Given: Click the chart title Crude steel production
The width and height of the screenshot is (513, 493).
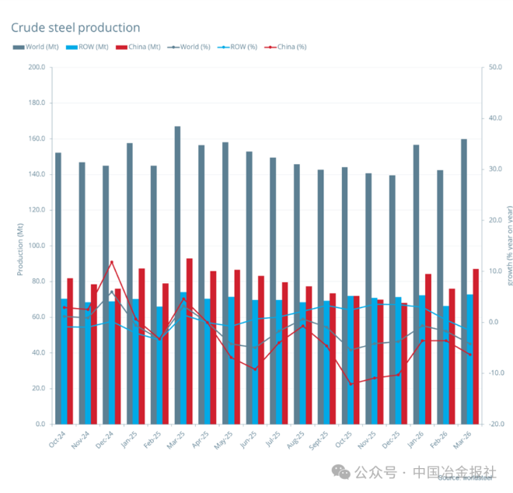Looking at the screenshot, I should point(75,28).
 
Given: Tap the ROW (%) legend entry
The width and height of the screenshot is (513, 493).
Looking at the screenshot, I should point(240,47).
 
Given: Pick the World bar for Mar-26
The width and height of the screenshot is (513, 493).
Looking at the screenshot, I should point(464,281).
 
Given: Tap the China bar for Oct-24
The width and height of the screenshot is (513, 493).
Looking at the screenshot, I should point(70,351).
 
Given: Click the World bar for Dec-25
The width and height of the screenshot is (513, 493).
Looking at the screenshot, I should point(393,299).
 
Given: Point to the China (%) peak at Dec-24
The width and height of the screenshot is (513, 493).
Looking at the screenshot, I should point(112,261).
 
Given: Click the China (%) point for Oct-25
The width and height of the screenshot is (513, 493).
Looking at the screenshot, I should point(351,384).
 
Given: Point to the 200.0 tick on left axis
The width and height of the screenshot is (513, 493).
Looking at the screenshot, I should point(35,67).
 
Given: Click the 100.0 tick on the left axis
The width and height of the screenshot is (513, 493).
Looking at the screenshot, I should point(35,246).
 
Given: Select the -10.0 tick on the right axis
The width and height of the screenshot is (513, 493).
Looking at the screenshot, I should point(494,373).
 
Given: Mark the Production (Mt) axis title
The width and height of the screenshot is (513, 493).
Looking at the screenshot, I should point(19,246).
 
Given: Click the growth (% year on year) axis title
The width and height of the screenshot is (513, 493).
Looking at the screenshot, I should point(509,246).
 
